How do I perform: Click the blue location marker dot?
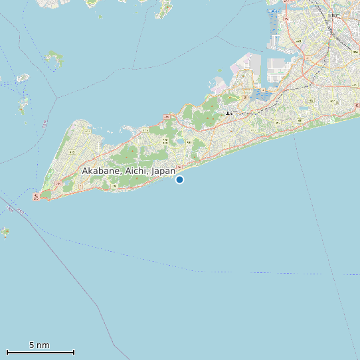[179, 179]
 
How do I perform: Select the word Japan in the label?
[163, 171]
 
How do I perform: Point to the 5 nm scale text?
[39, 345]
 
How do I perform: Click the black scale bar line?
[40, 352]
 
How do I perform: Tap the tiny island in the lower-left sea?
[5, 232]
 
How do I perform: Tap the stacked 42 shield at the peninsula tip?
[36, 196]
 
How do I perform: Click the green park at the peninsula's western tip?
[45, 195]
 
